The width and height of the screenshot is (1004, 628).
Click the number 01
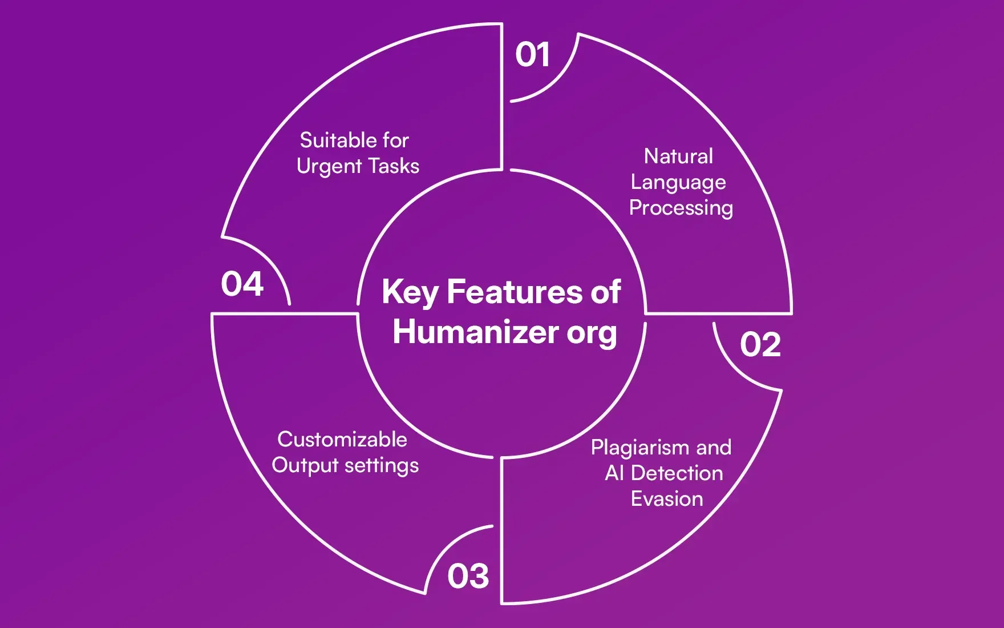tap(532, 55)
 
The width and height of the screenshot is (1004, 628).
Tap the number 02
tap(760, 345)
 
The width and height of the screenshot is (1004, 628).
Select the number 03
tap(468, 576)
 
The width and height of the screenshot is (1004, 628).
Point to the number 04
tap(242, 284)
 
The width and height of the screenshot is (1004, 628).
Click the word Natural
tap(678, 156)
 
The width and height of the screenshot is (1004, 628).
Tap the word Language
tap(678, 182)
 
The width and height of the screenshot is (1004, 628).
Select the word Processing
tap(681, 208)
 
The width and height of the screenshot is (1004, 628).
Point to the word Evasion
tap(666, 499)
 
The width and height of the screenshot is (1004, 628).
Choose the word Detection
tap(677, 473)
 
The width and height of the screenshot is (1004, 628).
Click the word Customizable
tap(342, 440)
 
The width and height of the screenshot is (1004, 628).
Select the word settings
tap(382, 465)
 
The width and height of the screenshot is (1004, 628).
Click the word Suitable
tap(330, 140)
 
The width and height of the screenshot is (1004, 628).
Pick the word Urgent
tap(329, 167)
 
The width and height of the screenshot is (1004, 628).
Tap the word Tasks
tap(393, 166)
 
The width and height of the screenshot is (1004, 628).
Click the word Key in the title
tap(410, 293)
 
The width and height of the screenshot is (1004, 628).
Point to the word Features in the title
tap(515, 292)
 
